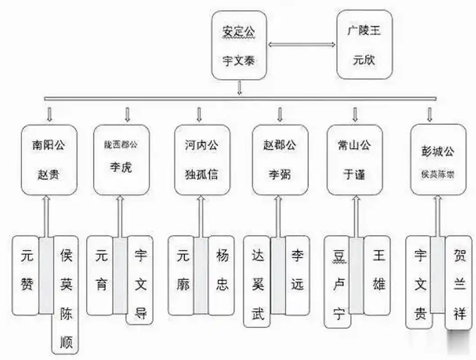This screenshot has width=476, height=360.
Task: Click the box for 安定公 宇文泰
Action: tap(239, 45)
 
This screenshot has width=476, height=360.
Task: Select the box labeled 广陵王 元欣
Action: tap(364, 45)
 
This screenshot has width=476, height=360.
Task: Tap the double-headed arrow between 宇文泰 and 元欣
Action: tap(302, 45)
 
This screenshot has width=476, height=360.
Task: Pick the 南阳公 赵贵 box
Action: tap(49, 160)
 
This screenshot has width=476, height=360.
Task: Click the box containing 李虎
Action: tap(121, 160)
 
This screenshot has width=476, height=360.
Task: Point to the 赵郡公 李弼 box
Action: tap(280, 160)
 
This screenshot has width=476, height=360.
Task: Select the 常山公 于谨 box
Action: tap(355, 160)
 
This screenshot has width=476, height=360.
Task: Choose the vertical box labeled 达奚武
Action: tap(257, 281)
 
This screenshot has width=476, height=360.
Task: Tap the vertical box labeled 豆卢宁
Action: tap(337, 282)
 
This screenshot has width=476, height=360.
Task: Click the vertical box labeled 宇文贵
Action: tap(419, 282)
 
